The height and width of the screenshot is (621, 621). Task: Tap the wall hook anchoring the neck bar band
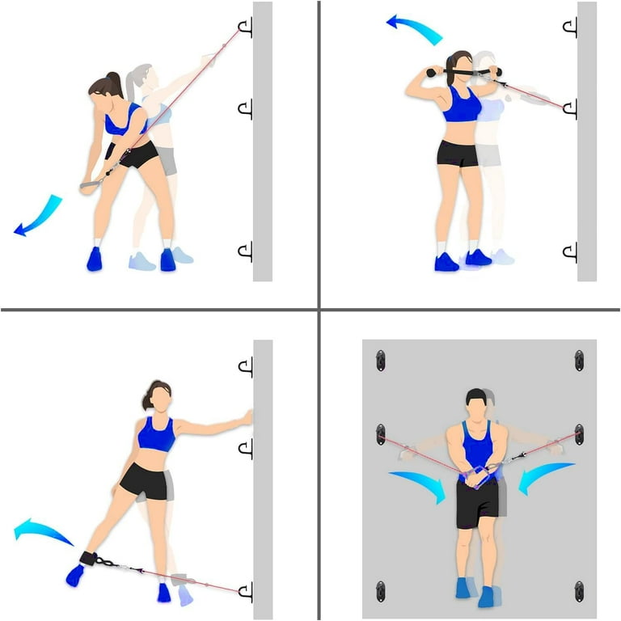(569, 107)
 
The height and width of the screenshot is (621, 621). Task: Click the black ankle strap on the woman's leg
(84, 559)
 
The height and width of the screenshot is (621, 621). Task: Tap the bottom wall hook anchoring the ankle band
(245, 591)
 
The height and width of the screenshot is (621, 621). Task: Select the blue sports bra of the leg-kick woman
(156, 435)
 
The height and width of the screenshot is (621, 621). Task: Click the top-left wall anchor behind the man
(381, 361)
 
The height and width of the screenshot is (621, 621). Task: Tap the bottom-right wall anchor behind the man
(579, 590)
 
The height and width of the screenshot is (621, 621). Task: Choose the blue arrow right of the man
(545, 477)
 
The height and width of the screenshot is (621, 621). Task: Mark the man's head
(477, 404)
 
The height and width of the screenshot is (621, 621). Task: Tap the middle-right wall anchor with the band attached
(579, 435)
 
